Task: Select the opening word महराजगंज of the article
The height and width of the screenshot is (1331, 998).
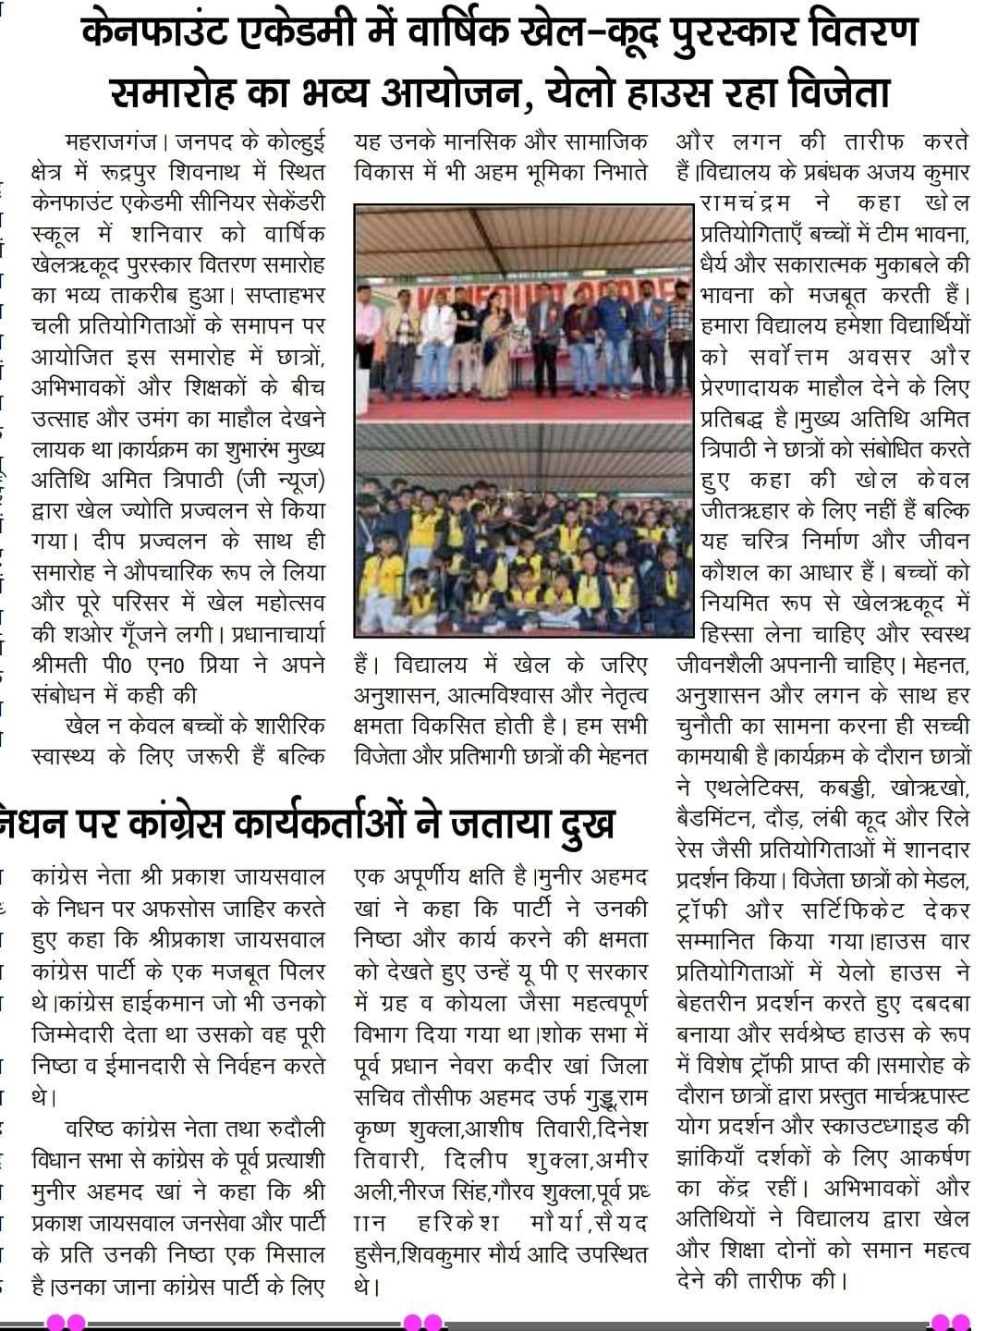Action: (x=109, y=143)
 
